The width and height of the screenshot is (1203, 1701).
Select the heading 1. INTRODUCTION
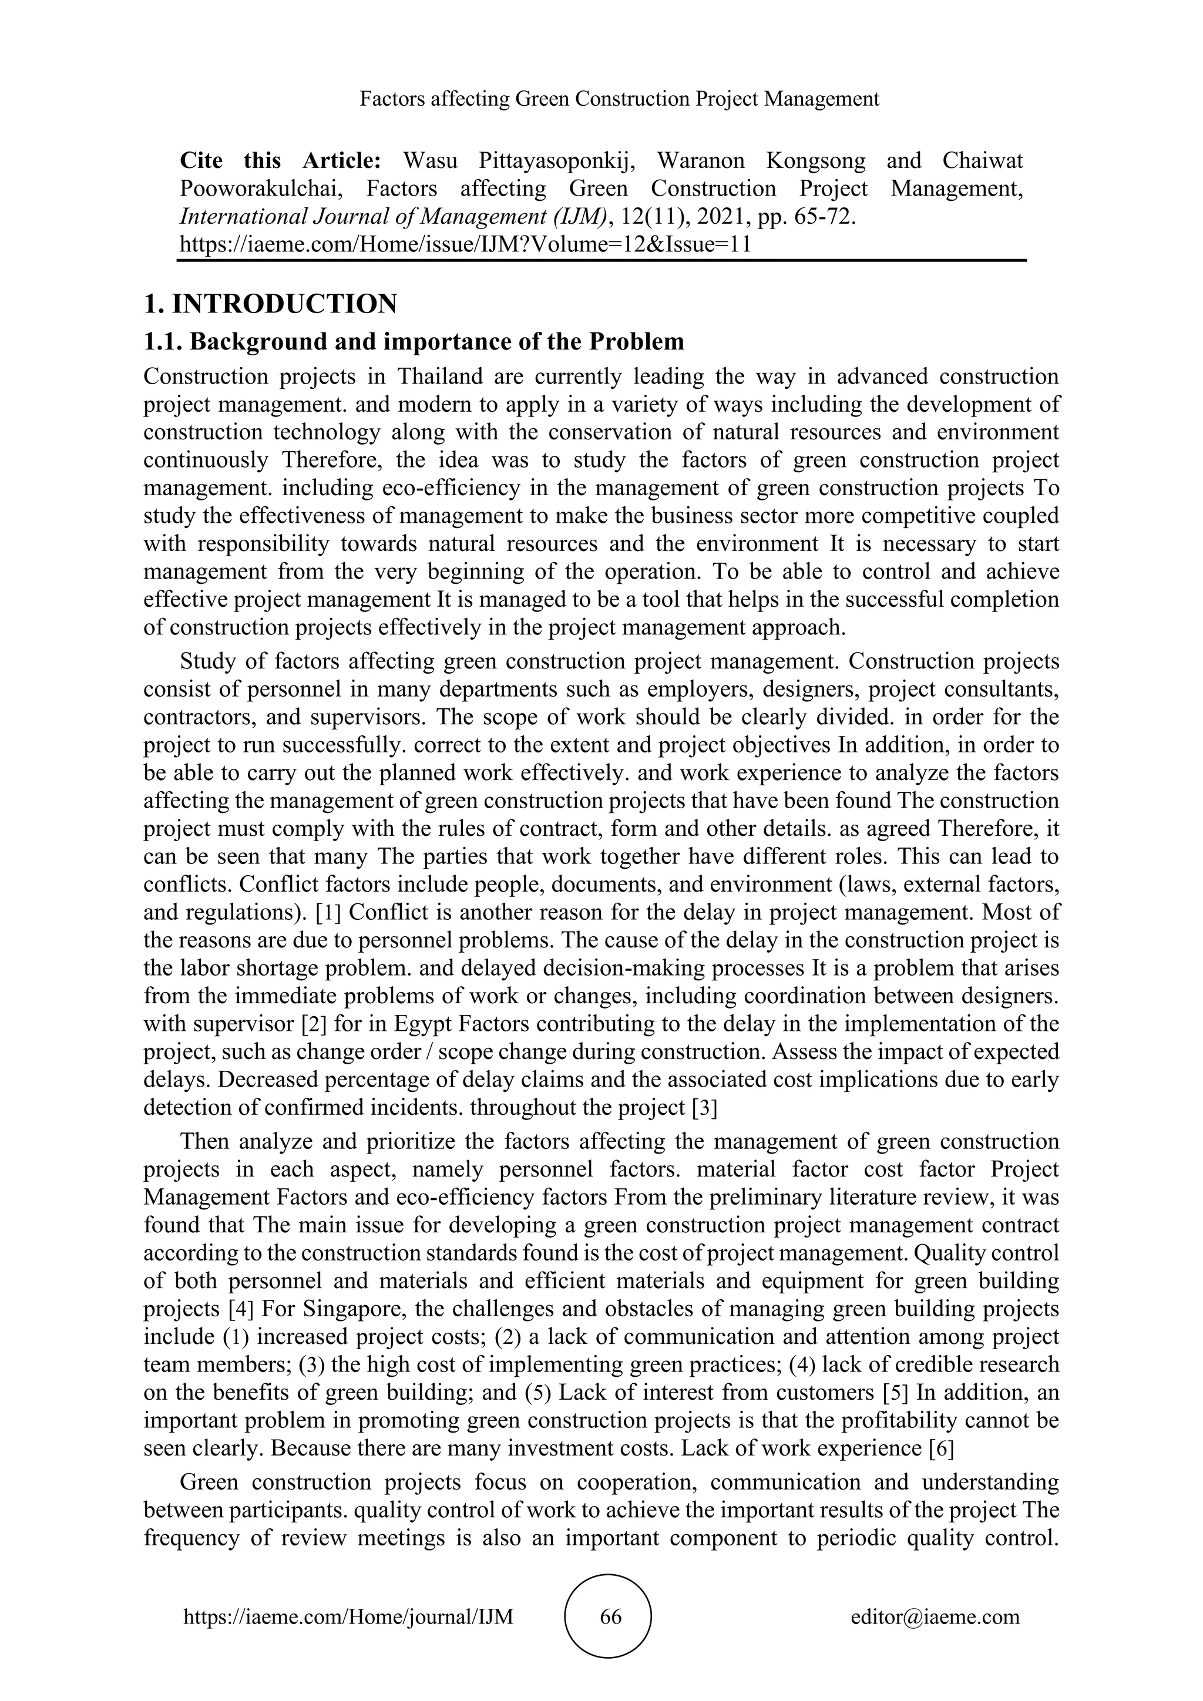[x=270, y=304]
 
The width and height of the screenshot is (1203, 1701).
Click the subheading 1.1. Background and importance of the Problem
[x=414, y=341]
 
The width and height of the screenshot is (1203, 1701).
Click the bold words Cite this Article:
[x=280, y=161]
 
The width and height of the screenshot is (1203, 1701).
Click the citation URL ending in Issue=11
[x=465, y=244]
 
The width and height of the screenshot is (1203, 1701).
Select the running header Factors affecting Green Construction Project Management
[x=619, y=99]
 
